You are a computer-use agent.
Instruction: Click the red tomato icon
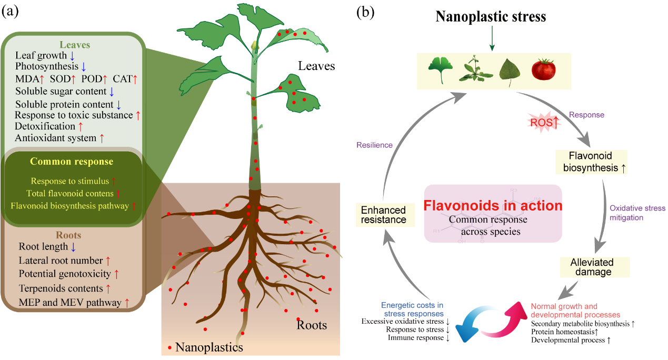pyautogui.click(x=544, y=69)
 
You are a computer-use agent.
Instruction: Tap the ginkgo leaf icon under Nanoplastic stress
pyautogui.click(x=437, y=70)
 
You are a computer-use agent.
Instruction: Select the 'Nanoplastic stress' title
pyautogui.click(x=491, y=16)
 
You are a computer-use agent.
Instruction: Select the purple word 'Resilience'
pyautogui.click(x=374, y=145)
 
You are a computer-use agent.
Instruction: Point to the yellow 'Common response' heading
pyautogui.click(x=72, y=162)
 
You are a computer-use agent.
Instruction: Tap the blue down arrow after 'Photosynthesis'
pyautogui.click(x=84, y=67)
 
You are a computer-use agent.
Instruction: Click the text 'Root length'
pyautogui.click(x=43, y=247)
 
